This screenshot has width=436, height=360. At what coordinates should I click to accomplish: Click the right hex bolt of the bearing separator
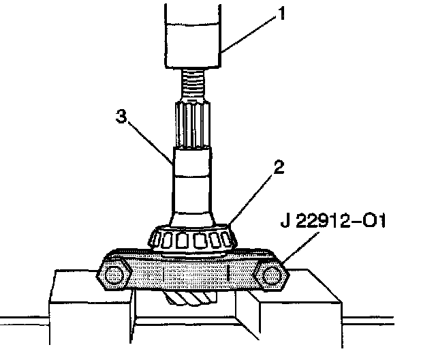coord(272,275)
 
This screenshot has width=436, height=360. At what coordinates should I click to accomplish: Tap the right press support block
coord(300,307)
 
